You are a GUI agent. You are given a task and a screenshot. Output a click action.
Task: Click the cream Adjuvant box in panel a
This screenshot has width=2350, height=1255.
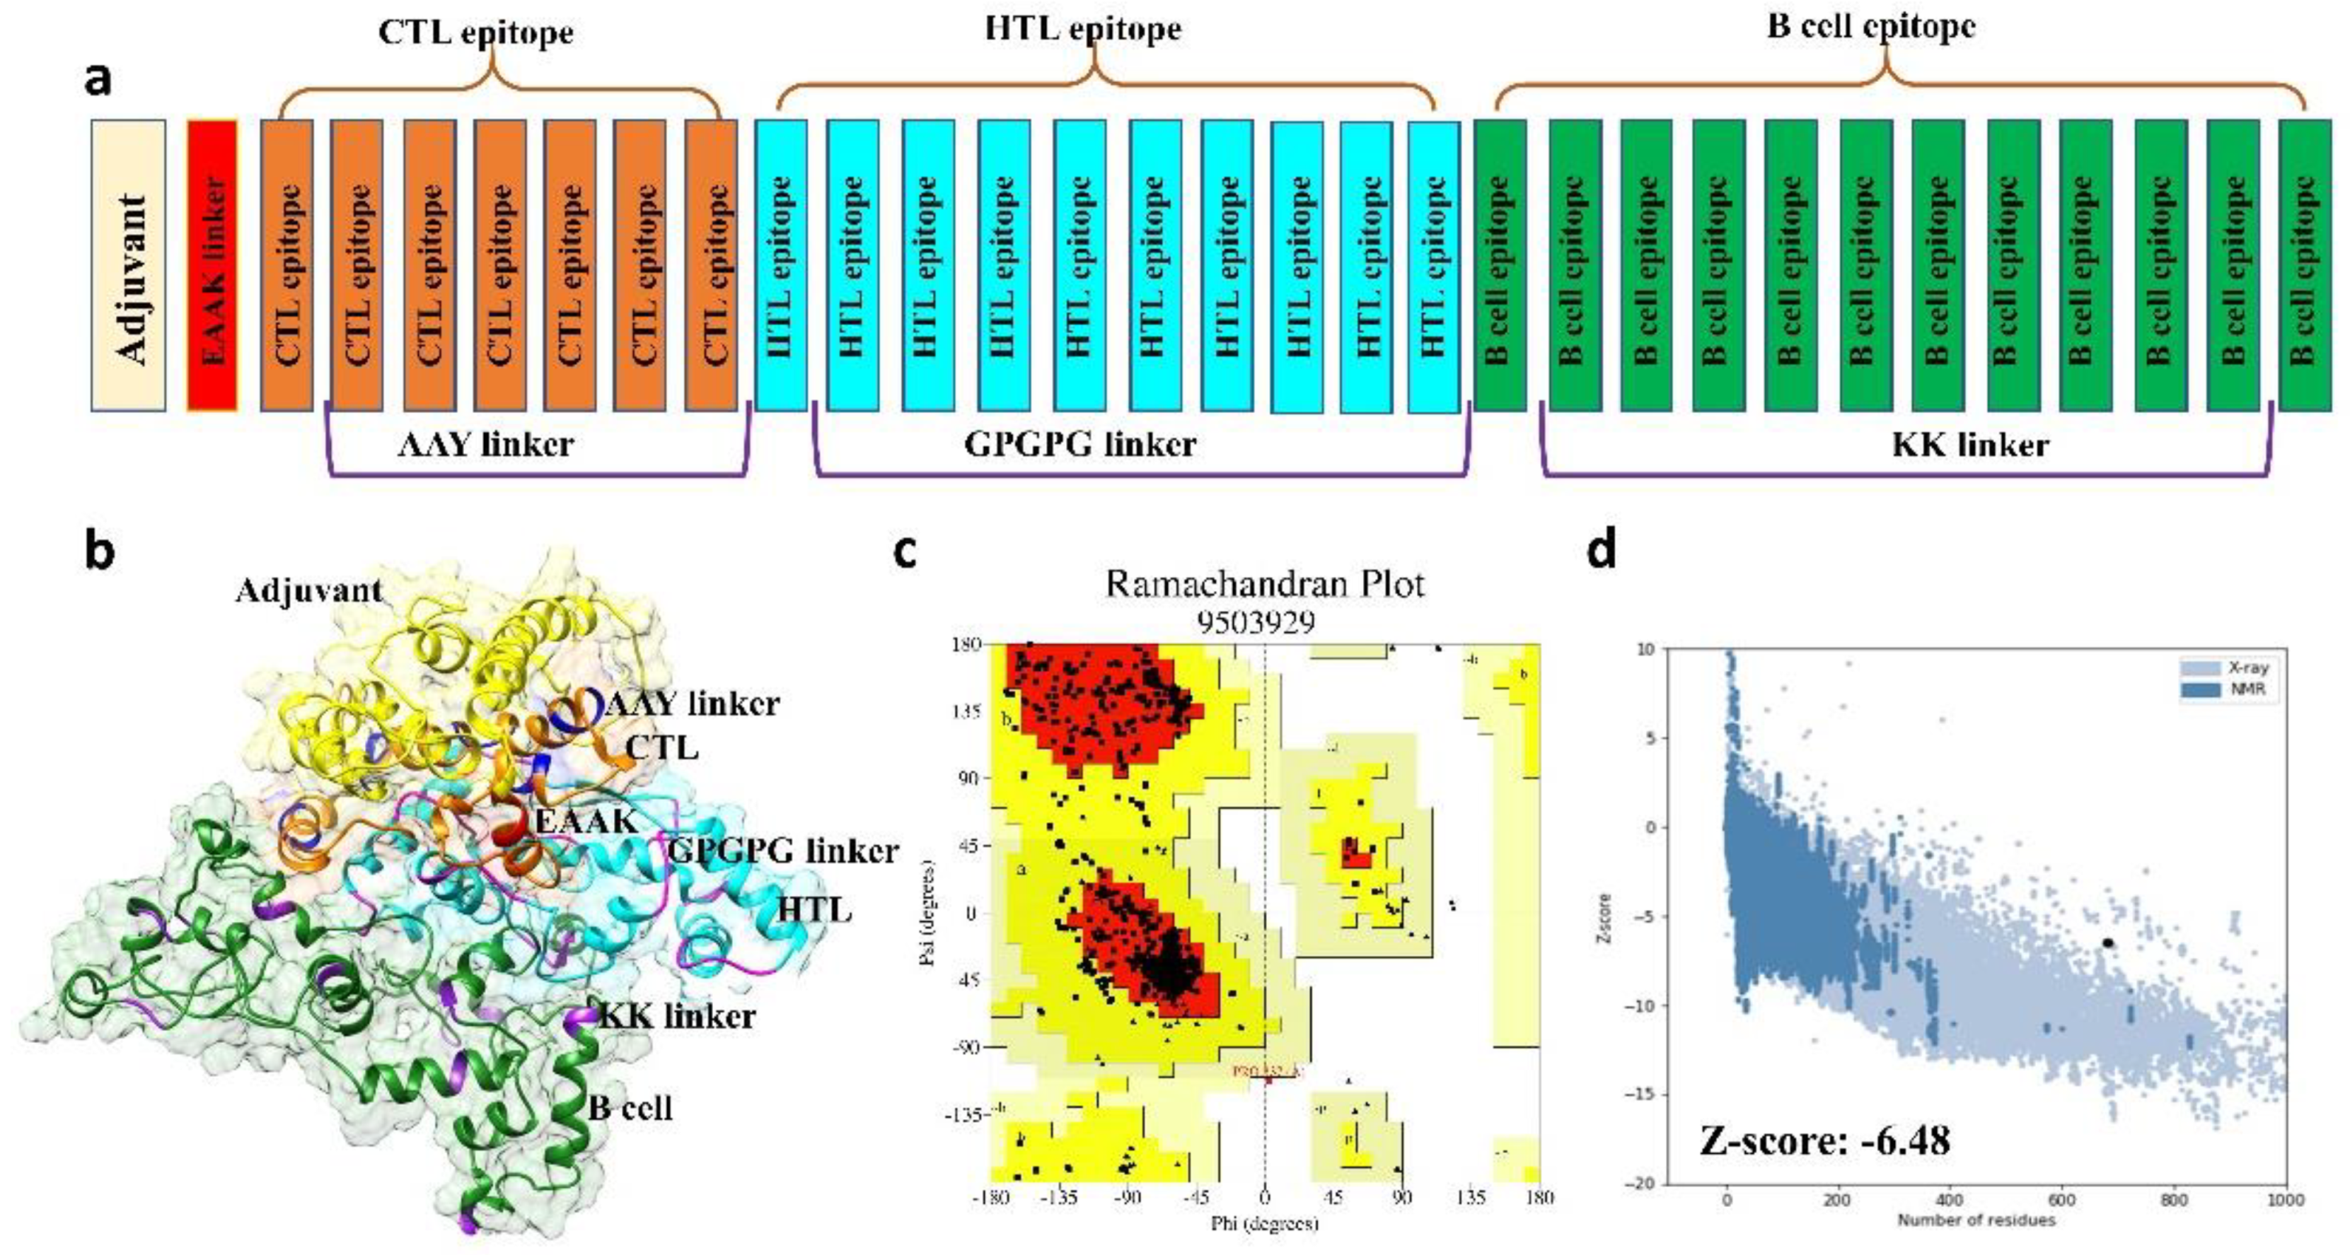[x=129, y=264]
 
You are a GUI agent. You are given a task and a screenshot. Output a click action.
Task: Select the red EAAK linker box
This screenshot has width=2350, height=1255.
[x=212, y=264]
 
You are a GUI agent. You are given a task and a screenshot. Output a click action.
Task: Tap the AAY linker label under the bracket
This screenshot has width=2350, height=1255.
[x=486, y=444]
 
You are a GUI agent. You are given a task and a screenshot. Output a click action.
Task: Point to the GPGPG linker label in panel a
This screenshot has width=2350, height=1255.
[x=1080, y=444]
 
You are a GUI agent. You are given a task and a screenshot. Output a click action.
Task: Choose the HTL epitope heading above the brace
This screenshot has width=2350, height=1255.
[x=1083, y=28]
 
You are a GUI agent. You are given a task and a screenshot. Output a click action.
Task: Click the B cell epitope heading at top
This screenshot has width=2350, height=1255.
[x=1871, y=25]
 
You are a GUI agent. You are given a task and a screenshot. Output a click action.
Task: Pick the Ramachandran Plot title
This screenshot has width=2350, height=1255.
[x=1264, y=584]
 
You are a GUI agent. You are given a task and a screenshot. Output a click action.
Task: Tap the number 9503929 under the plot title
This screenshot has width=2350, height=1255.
[x=1256, y=622]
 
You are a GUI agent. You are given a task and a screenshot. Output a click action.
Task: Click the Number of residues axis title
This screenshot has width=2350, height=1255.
[x=1976, y=1220]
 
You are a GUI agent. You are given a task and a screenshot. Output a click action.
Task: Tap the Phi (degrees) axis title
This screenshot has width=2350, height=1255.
[x=1264, y=1223]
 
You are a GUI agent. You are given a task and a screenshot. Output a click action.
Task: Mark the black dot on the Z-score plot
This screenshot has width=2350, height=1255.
[x=2108, y=943]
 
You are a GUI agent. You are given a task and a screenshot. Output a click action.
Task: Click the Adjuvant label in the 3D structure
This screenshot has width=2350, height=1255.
[x=308, y=591]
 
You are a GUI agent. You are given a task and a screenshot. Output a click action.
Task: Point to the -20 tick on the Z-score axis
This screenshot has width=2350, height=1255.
[x=1645, y=1183]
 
